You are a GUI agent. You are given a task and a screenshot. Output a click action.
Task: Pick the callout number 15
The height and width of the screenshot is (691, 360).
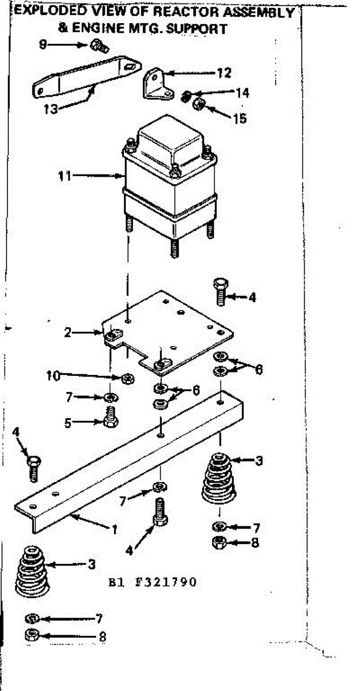tap(239, 118)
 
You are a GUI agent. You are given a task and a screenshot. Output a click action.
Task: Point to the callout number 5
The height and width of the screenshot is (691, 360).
tap(69, 422)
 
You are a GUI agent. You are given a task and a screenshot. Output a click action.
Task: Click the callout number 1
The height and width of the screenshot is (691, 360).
tap(115, 528)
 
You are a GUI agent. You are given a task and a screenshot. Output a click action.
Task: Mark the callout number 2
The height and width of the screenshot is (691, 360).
tap(67, 332)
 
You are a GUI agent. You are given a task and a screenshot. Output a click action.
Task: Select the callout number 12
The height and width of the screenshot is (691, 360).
tap(223, 73)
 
